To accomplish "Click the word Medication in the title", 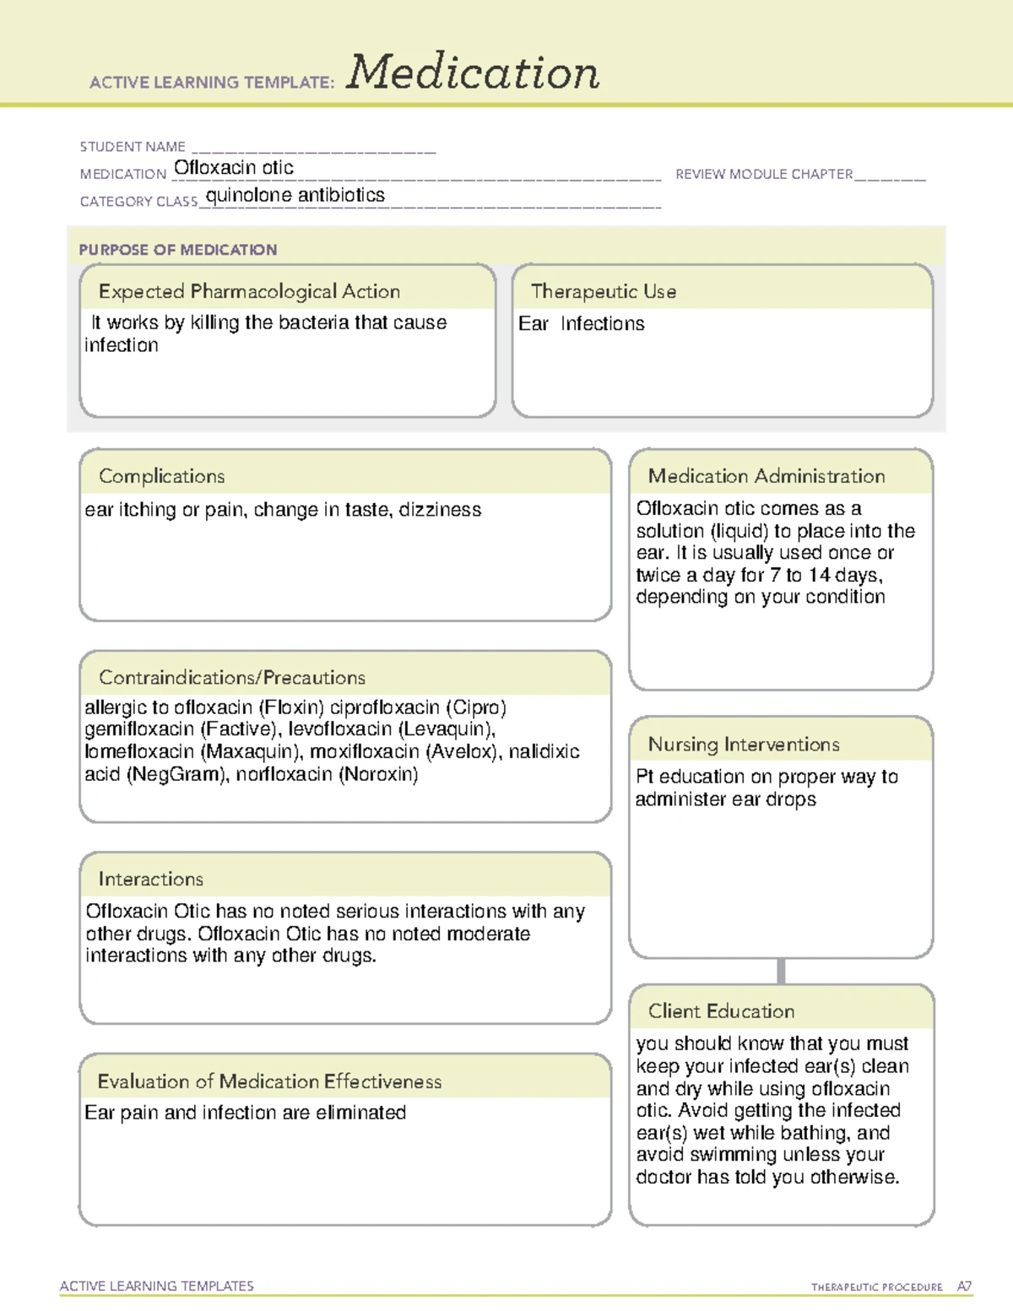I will pyautogui.click(x=472, y=73).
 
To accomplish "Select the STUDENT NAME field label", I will pyautogui.click(x=133, y=147).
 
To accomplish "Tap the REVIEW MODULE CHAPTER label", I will pyautogui.click(x=763, y=174).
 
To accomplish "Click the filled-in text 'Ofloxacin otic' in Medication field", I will pyautogui.click(x=234, y=168).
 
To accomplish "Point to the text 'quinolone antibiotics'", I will pyautogui.click(x=295, y=195).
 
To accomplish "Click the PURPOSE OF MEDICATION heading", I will pyautogui.click(x=178, y=250).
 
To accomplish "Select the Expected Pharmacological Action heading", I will pyautogui.click(x=249, y=291).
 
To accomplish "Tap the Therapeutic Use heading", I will pyautogui.click(x=603, y=291).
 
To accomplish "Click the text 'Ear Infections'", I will pyautogui.click(x=581, y=324).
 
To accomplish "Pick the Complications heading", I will pyautogui.click(x=161, y=476).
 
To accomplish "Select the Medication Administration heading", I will pyautogui.click(x=766, y=476).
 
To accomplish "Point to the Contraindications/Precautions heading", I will pyautogui.click(x=232, y=677).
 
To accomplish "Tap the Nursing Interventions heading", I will pyautogui.click(x=744, y=744).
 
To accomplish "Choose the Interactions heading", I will pyautogui.click(x=150, y=879).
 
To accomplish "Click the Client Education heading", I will pyautogui.click(x=721, y=1010).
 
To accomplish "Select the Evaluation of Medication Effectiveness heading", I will pyautogui.click(x=269, y=1081).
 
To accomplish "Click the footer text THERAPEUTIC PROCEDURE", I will pyautogui.click(x=876, y=1287).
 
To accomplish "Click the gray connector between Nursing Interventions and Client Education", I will pyautogui.click(x=781, y=971).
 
